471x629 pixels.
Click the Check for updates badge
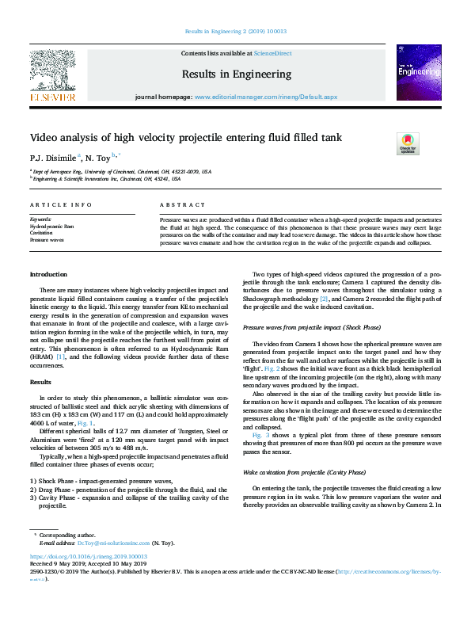(407, 143)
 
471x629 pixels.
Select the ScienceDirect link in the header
(272, 54)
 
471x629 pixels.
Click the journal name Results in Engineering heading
(236, 74)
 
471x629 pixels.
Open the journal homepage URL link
(266, 97)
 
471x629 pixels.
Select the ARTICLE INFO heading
(61, 204)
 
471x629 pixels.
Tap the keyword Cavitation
(41, 232)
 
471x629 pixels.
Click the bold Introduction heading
(49, 274)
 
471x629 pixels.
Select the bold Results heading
(40, 381)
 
